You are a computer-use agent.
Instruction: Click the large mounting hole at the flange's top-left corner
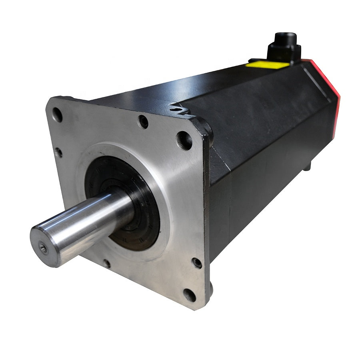57,115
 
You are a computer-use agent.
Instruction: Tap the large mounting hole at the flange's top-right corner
184,140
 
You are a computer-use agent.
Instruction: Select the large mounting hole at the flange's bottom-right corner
189,295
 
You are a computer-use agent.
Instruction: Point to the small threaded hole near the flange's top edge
143,121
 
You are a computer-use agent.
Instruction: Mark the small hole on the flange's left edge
58,152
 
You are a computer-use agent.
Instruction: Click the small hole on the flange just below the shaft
106,264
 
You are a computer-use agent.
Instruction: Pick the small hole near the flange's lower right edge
197,263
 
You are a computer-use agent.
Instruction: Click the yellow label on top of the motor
267,64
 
